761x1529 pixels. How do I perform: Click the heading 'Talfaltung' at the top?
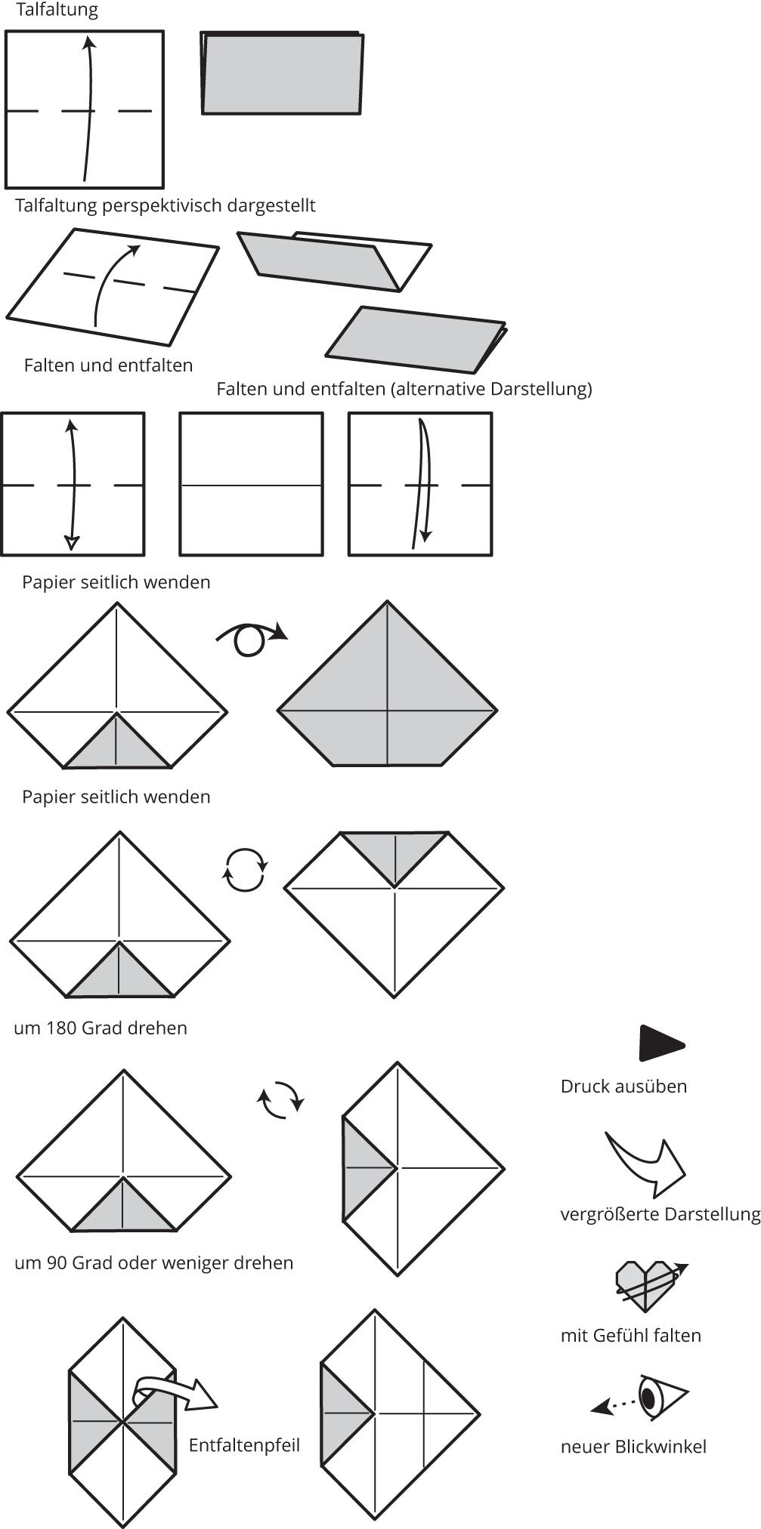(x=57, y=11)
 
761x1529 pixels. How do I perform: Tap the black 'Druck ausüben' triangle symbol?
(x=660, y=1044)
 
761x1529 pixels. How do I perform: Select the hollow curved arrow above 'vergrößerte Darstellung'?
(x=645, y=1162)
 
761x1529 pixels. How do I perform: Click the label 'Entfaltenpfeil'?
(x=244, y=1444)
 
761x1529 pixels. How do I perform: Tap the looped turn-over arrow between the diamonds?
(x=251, y=639)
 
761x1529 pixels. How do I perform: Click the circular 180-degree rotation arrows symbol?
(x=245, y=869)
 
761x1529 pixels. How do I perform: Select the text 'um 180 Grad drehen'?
(x=101, y=1028)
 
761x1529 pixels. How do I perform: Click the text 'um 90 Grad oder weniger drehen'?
(x=153, y=1262)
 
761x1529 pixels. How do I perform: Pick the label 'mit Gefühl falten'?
(x=630, y=1335)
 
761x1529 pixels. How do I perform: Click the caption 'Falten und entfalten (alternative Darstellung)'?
(x=404, y=389)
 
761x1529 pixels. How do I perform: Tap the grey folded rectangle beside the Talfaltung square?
(x=282, y=74)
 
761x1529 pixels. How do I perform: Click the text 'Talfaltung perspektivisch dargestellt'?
(x=165, y=205)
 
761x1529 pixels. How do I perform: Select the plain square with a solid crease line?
(x=251, y=484)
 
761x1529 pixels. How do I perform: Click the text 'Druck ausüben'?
(x=623, y=1086)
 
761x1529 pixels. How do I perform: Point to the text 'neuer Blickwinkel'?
(x=633, y=1446)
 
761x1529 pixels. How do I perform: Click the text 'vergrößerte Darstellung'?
(x=660, y=1213)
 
